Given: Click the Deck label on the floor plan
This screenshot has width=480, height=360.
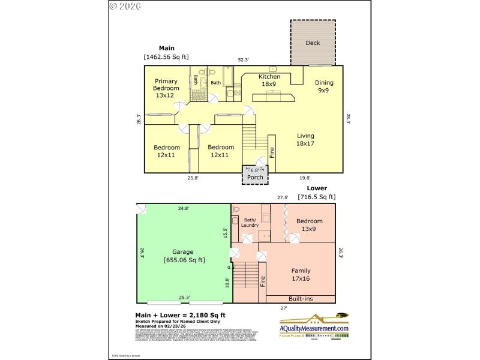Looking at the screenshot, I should pyautogui.click(x=313, y=43).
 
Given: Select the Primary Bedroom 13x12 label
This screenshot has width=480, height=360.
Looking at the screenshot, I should pyautogui.click(x=166, y=88).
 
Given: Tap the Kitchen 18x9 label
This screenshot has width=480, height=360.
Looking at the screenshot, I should pyautogui.click(x=269, y=80).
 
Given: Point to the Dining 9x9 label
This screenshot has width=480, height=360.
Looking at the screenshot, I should pyautogui.click(x=323, y=87).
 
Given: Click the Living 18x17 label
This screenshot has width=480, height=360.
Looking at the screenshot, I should pyautogui.click(x=305, y=139).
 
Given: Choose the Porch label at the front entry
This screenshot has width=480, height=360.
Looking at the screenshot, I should pyautogui.click(x=255, y=177).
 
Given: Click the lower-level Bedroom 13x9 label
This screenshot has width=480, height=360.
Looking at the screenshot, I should pyautogui.click(x=310, y=224).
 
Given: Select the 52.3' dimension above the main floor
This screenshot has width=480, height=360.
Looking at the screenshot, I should pyautogui.click(x=243, y=59).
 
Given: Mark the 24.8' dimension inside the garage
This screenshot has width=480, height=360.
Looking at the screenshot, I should pyautogui.click(x=183, y=209).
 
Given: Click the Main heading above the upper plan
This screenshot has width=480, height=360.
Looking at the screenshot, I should pyautogui.click(x=166, y=47).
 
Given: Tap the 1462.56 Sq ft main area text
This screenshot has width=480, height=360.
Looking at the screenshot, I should pyautogui.click(x=166, y=57).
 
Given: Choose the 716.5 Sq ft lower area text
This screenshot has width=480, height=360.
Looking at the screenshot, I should pyautogui.click(x=316, y=196).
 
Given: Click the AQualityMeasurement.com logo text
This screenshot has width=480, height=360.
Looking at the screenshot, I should pyautogui.click(x=314, y=328).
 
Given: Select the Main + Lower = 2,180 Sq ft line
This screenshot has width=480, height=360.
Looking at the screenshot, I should pyautogui.click(x=181, y=315).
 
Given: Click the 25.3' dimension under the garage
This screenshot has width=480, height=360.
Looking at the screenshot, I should pyautogui.click(x=184, y=297).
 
